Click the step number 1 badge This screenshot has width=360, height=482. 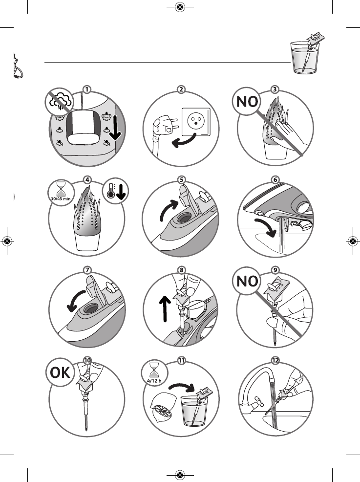click(x=87, y=89)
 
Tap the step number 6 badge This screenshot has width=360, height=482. click(x=275, y=180)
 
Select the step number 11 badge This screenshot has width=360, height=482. click(x=182, y=360)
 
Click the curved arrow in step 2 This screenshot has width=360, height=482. click(x=184, y=142)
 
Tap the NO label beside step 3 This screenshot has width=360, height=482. click(x=247, y=102)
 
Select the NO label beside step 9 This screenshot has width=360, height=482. click(x=247, y=281)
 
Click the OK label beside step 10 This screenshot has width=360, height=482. click(x=60, y=372)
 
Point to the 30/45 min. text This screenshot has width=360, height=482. click(x=61, y=198)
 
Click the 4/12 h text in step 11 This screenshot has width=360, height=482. click(x=154, y=380)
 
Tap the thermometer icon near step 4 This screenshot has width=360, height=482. click(x=111, y=191)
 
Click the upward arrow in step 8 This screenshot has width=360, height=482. click(x=165, y=308)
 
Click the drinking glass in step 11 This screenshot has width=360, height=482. click(x=194, y=411)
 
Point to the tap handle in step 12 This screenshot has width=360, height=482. click(x=258, y=401)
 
